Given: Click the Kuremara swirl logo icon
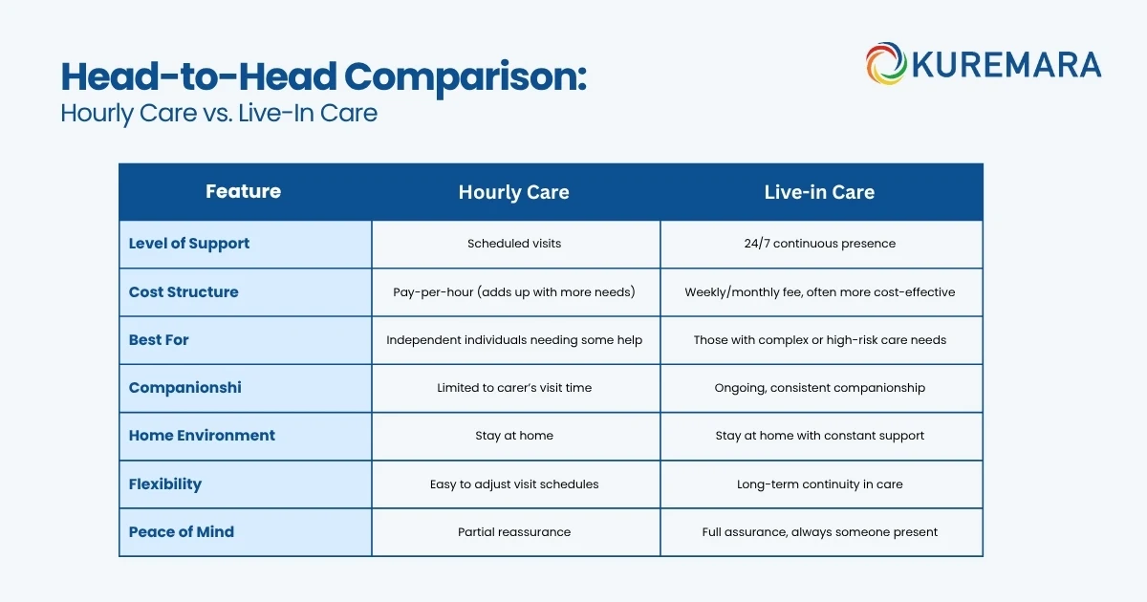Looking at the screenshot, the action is coord(886,63).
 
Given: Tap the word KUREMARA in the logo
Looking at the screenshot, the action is coord(1006,65).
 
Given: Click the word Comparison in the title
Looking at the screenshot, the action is coord(465,76).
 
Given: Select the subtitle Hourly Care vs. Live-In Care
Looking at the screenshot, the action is coord(219,113).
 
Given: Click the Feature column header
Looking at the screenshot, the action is coord(243,191).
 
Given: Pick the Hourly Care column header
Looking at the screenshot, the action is coord(513,192).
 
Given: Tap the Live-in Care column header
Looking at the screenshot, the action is coord(819,192).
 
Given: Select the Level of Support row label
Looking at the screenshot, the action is coord(189,244).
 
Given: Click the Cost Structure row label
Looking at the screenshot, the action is coord(184,291).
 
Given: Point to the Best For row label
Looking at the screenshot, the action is coord(159,340).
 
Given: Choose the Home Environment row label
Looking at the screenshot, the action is coord(202,436).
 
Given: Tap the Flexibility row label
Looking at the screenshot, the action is coord(164,484).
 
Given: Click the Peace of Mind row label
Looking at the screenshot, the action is coord(182,532).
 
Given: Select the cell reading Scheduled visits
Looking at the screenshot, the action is coord(514,244).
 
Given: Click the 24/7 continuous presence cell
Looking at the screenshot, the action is coord(820,244).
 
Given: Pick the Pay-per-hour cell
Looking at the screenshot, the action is coord(514,292).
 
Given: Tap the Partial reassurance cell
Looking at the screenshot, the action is coord(514,532).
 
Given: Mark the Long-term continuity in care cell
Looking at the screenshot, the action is coord(820,484).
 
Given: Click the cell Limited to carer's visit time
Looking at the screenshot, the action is coord(514,388).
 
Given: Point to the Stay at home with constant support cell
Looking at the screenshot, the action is coord(820,436).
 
